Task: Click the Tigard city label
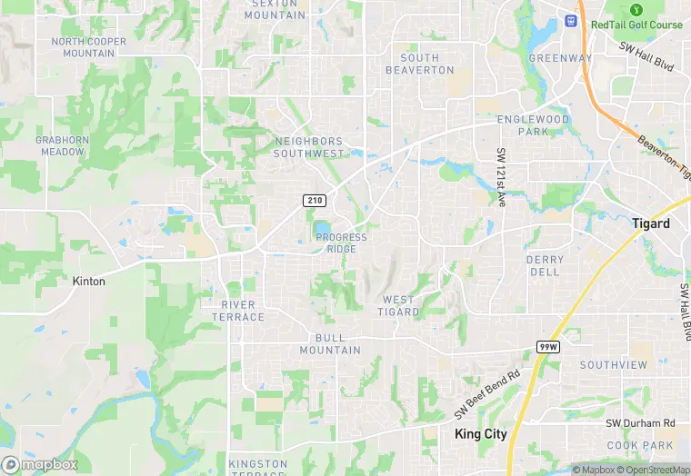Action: point(650,223)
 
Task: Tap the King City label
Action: point(480,434)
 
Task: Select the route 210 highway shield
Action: point(314,200)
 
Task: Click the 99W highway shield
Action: point(547,347)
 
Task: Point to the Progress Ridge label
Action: point(341,243)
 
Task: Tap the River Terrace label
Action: point(244,311)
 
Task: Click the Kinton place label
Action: point(89,282)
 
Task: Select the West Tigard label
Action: point(399,305)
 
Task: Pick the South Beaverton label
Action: point(419,64)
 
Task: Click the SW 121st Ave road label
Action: point(501,178)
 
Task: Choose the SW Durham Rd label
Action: point(641,423)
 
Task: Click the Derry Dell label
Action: point(545,265)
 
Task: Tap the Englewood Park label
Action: point(533,125)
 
